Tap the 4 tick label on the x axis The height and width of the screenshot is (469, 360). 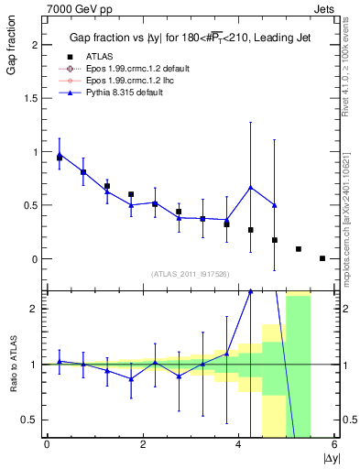coord(239,444)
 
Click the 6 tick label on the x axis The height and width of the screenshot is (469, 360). coord(335,444)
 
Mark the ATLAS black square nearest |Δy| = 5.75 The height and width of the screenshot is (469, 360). coord(322,258)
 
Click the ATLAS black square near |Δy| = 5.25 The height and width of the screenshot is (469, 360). coord(299,249)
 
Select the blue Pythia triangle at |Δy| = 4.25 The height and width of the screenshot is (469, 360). coord(250,188)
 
